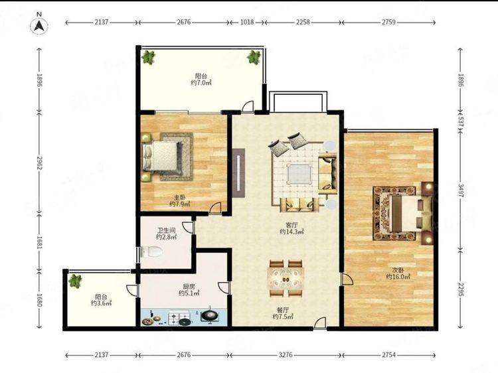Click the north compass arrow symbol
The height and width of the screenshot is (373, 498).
(x=39, y=25)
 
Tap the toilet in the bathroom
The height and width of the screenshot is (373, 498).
(x=152, y=252)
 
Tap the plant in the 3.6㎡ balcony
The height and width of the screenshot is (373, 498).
(x=75, y=281)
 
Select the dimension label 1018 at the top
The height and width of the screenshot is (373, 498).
(x=247, y=22)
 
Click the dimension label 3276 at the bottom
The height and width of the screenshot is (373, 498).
(x=286, y=354)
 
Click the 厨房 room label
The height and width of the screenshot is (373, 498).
(x=189, y=285)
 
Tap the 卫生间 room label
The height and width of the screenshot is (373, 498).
(x=167, y=230)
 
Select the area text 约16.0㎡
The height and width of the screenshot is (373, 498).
(x=398, y=277)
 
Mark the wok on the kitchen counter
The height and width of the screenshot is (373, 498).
(x=209, y=315)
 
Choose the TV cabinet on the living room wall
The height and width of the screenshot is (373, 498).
(x=238, y=173)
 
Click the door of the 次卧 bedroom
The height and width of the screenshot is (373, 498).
(x=346, y=279)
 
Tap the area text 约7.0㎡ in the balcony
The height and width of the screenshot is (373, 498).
(x=201, y=83)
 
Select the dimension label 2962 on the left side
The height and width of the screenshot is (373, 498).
(x=39, y=163)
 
